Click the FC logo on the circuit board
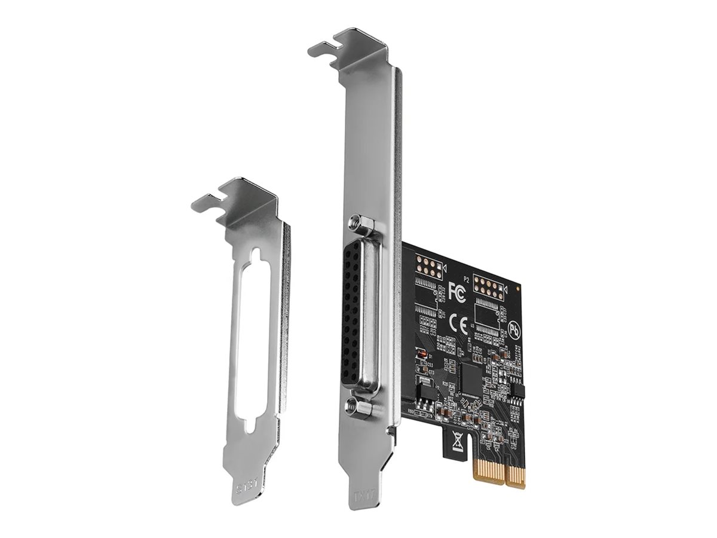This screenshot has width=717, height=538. click(457, 292)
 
